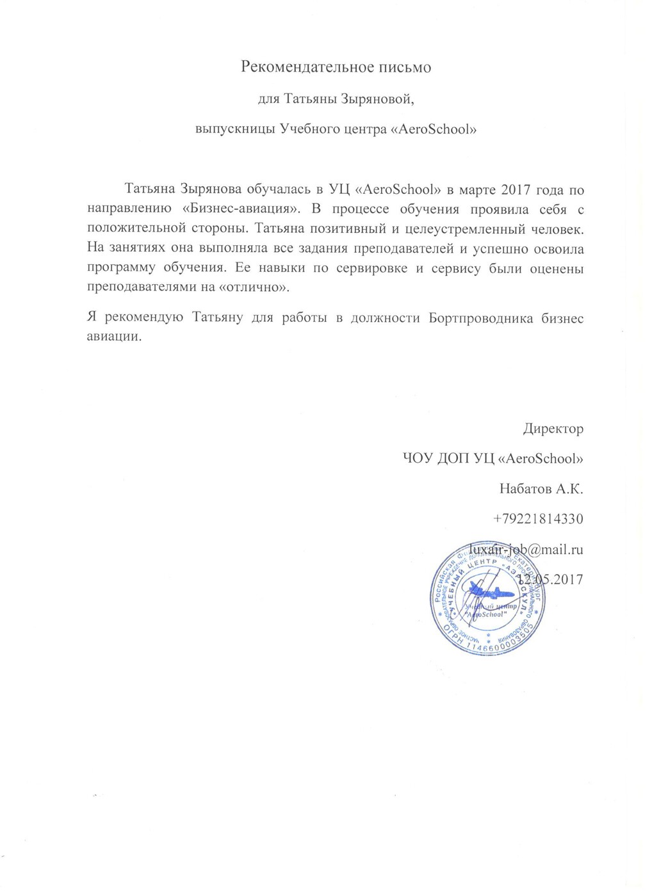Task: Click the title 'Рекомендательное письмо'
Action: tap(336, 67)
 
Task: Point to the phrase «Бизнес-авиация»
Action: tap(236, 209)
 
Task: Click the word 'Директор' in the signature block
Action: tap(553, 429)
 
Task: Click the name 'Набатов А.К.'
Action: tap(541, 490)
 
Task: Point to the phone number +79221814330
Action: tap(538, 519)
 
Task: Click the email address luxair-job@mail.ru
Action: tap(526, 549)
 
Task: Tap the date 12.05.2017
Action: tap(551, 579)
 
